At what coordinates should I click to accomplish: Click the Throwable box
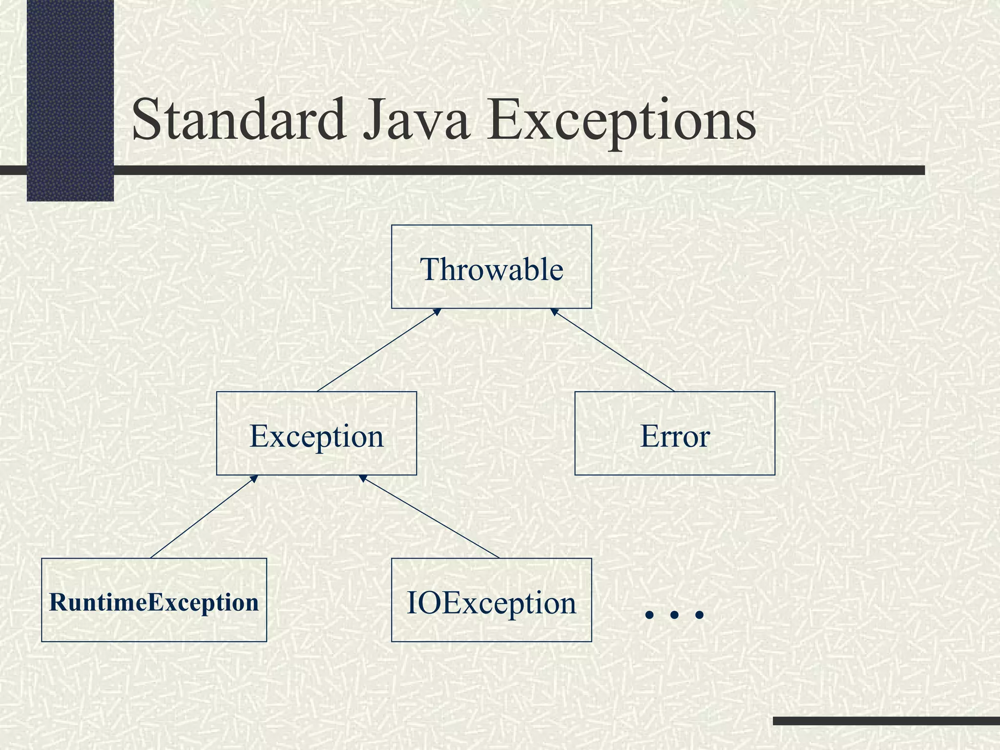[491, 267]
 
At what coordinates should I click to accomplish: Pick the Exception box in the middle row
[316, 434]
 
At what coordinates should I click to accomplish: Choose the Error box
[674, 434]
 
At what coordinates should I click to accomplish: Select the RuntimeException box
[154, 600]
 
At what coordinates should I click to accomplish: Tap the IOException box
[491, 600]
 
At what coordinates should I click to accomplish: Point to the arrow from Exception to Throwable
[378, 350]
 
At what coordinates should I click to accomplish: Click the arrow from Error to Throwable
[613, 350]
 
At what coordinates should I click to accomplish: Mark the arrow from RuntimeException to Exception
[204, 517]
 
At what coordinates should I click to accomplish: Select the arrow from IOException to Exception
[430, 517]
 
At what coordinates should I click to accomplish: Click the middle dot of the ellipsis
[674, 614]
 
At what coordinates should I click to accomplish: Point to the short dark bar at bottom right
[886, 721]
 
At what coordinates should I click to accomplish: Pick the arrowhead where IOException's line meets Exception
[363, 478]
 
